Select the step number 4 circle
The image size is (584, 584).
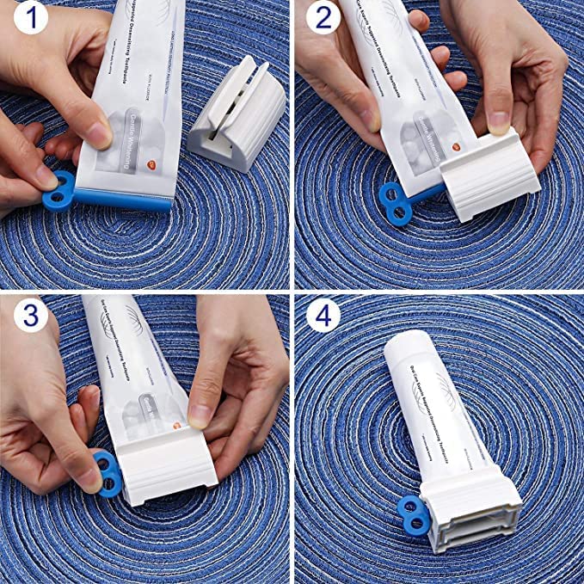click(322, 317)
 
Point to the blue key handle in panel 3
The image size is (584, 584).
click(104, 471)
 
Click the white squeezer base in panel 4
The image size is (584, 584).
click(476, 517)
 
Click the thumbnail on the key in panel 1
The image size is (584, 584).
click(47, 176)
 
